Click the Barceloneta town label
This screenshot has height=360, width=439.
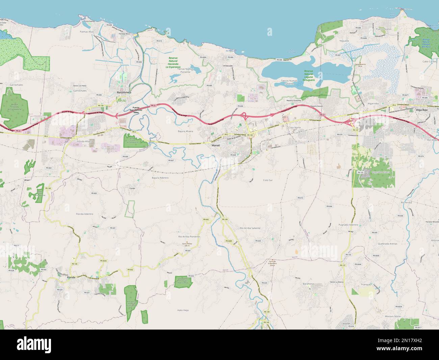click(x=124, y=92)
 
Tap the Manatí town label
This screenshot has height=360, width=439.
click(x=215, y=145)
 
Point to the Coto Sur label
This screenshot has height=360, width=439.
click(x=267, y=180)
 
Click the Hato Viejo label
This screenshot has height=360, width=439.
click(x=183, y=310)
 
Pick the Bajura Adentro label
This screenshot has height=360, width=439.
click(x=160, y=177)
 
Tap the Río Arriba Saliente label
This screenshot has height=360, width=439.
click(x=250, y=228)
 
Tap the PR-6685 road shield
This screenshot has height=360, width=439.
click(x=229, y=241)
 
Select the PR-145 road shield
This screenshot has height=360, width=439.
click(x=266, y=322)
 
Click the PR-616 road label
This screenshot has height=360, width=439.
click(x=159, y=41)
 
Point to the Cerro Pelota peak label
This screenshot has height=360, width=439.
click(x=187, y=245)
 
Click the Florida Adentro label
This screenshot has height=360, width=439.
click(x=84, y=214)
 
